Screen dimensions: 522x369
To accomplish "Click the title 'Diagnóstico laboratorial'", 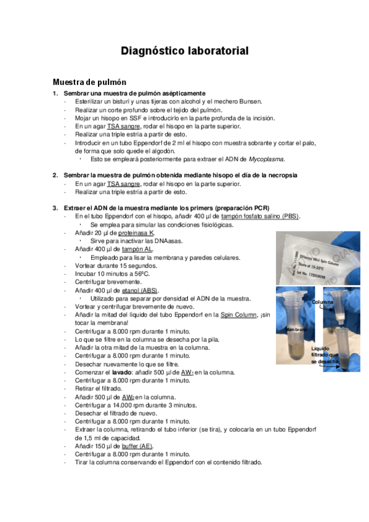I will [184, 51].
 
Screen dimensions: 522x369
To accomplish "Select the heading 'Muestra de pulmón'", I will [89, 82].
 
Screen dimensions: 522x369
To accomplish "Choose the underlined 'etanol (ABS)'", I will [139, 290].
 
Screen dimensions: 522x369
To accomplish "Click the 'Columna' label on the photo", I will [323, 303].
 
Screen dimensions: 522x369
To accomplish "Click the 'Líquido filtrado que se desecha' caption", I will [325, 355].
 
